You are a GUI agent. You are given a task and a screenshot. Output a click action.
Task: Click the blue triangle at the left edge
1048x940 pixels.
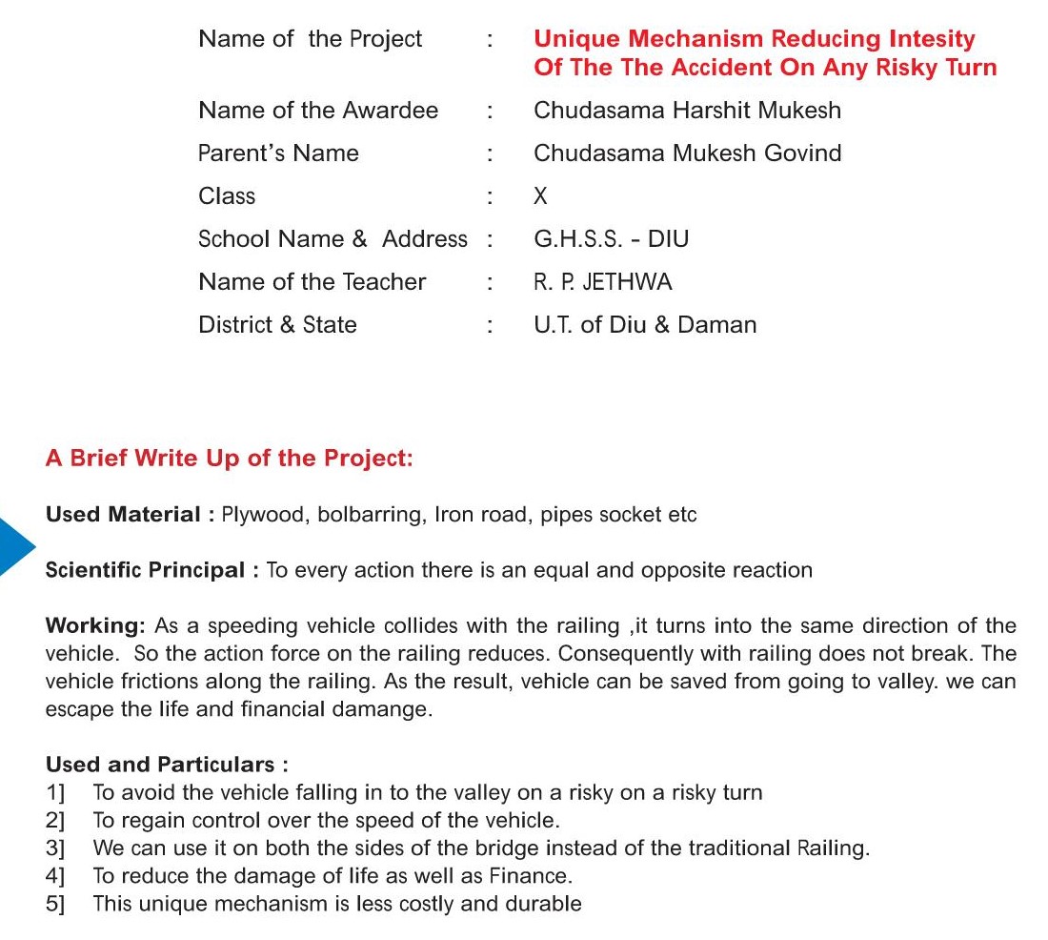15,546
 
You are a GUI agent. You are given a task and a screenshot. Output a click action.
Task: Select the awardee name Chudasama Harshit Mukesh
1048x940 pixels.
687,111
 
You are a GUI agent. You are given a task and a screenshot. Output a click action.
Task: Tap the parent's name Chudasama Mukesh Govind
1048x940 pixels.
687,153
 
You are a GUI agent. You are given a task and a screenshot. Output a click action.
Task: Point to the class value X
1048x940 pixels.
541,196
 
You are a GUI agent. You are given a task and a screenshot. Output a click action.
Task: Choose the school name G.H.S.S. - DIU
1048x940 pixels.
611,239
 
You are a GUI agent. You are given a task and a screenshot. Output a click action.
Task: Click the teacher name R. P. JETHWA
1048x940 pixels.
602,282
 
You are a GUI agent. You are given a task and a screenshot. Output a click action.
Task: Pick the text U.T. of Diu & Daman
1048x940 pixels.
645,325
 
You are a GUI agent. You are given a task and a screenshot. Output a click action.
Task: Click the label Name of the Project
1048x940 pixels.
310,39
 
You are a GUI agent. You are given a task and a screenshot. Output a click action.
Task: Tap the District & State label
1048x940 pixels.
277,325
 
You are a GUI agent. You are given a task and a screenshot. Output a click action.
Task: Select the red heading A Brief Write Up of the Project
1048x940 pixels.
229,459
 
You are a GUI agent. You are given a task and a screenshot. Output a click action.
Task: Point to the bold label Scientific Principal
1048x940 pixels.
145,571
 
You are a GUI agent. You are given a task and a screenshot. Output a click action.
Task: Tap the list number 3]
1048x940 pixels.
55,848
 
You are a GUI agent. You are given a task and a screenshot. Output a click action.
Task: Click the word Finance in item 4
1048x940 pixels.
530,876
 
